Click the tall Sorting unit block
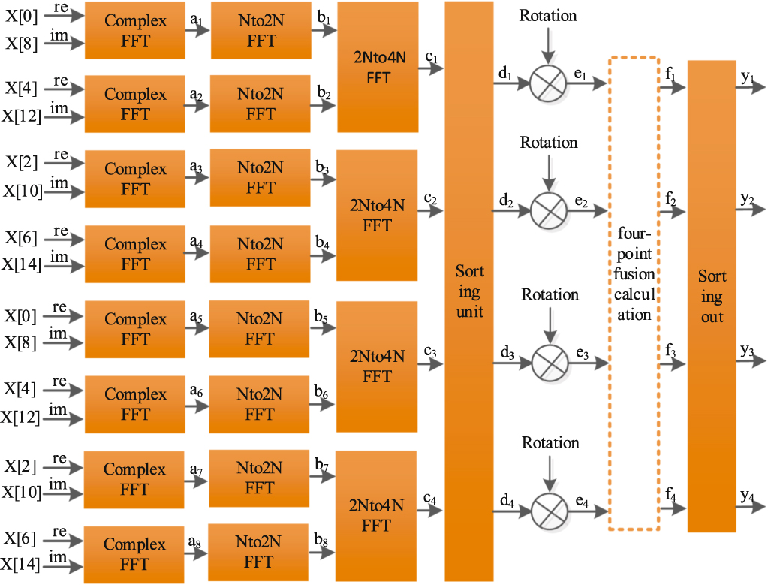[x=469, y=291]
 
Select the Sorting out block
[x=712, y=296]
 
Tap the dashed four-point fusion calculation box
[x=634, y=294]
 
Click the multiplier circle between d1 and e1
[x=548, y=83]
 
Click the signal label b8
[x=323, y=539]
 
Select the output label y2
[x=746, y=198]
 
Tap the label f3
[x=670, y=351]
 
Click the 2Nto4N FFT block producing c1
[x=378, y=67]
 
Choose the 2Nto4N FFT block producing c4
[x=376, y=515]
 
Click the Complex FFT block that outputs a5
[x=135, y=329]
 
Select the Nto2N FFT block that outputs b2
[x=261, y=104]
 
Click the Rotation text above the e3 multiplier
[x=550, y=294]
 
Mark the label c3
[x=430, y=351]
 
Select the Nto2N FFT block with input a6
[x=260, y=404]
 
